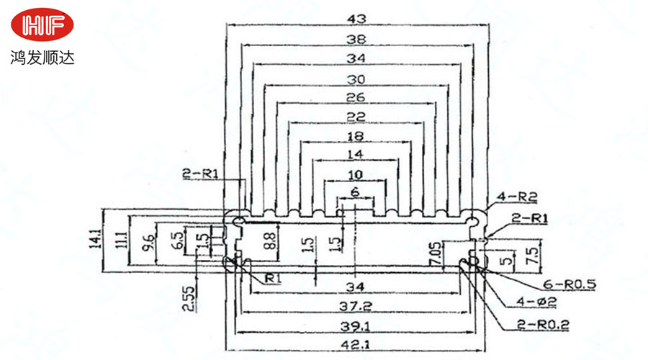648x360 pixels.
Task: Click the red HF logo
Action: (x=42, y=26)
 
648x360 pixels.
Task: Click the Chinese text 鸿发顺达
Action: (x=42, y=57)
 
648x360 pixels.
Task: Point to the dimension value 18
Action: (x=355, y=135)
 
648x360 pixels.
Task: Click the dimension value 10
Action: (x=355, y=175)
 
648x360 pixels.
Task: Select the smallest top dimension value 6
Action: (x=354, y=192)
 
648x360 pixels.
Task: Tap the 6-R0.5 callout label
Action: (x=570, y=284)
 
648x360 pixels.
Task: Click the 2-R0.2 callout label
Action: (x=543, y=325)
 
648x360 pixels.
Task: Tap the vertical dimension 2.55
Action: (x=187, y=297)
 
